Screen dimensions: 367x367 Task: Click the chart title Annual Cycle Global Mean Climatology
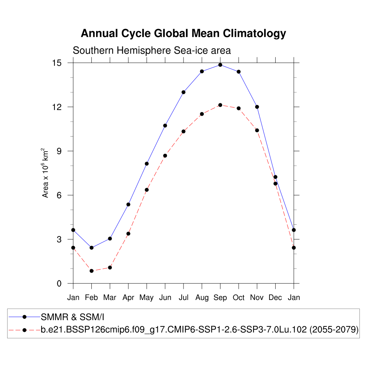pos(183,33)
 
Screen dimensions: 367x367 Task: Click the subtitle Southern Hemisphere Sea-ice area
pos(152,51)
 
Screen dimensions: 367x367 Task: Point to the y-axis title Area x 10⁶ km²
pos(46,173)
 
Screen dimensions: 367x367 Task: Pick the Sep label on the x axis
pos(220,297)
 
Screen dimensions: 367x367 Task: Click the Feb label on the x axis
pos(91,297)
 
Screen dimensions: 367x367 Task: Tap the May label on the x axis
pos(147,297)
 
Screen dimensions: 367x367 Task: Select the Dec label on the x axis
pos(275,297)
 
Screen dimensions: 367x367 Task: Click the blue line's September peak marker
pos(220,65)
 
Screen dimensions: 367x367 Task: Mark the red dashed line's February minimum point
pos(91,271)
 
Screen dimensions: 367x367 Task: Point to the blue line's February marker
pos(91,248)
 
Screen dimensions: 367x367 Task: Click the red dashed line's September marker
pos(220,105)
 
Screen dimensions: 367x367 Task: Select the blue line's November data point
pos(257,107)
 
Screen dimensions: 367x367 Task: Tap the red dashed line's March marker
pos(110,267)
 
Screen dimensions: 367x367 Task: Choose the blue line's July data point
pos(183,92)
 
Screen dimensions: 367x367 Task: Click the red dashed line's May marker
pos(147,190)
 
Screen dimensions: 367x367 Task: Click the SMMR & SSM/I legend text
pos(72,317)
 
